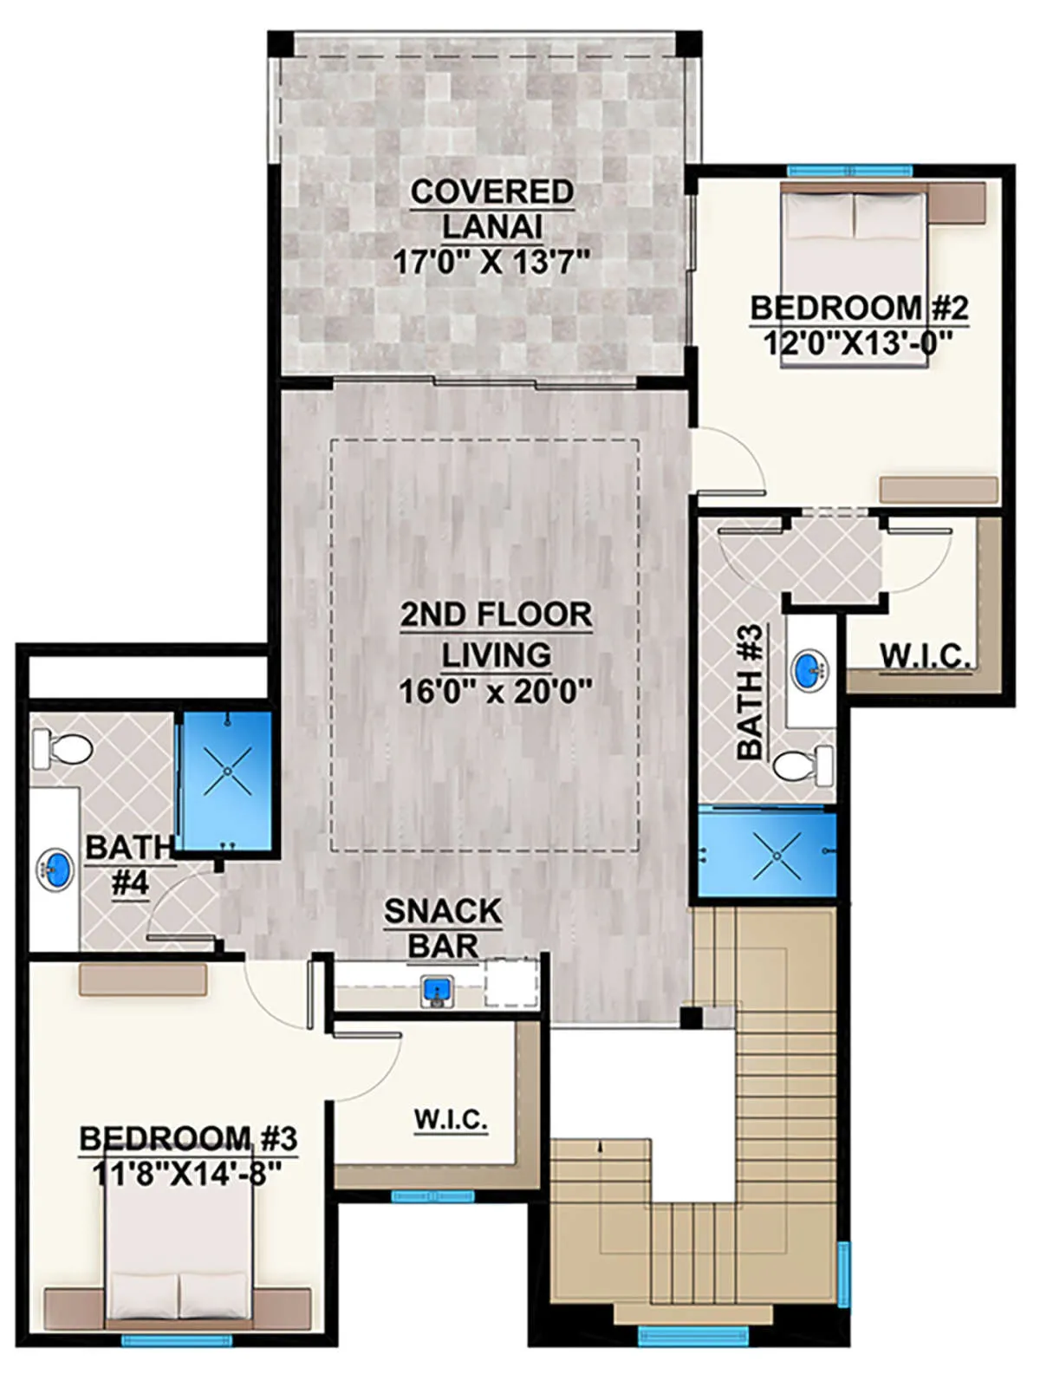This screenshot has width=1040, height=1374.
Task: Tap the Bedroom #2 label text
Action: [x=859, y=308]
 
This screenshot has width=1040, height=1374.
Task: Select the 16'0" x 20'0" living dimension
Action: [x=495, y=693]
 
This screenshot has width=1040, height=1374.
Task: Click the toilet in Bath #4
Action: [x=62, y=749]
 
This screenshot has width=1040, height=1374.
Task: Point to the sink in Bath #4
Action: [x=55, y=869]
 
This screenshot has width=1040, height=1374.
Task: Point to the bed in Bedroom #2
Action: [x=855, y=279]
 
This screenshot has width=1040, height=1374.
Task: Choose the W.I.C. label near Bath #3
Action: [x=926, y=656]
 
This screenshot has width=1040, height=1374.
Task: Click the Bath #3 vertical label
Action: [x=751, y=692]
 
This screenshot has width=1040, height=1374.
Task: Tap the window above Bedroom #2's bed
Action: [x=850, y=170]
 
